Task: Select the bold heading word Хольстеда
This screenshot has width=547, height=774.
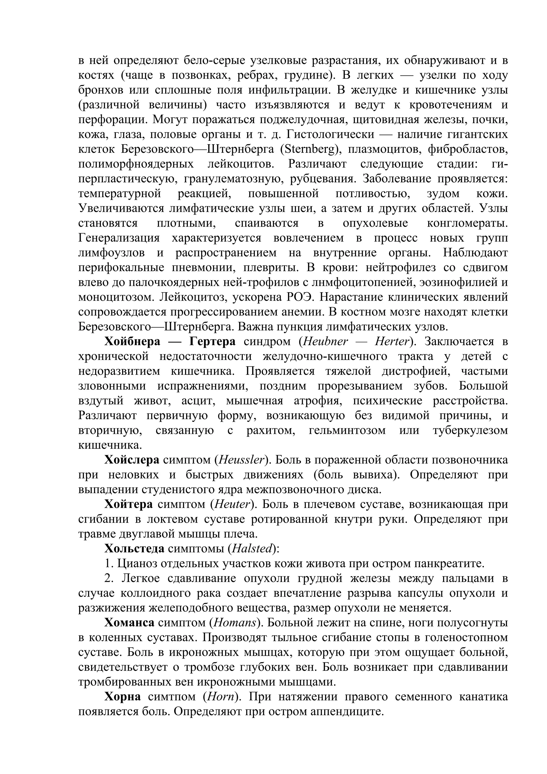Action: tap(134, 549)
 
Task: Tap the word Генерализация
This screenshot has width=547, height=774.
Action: tap(119, 238)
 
